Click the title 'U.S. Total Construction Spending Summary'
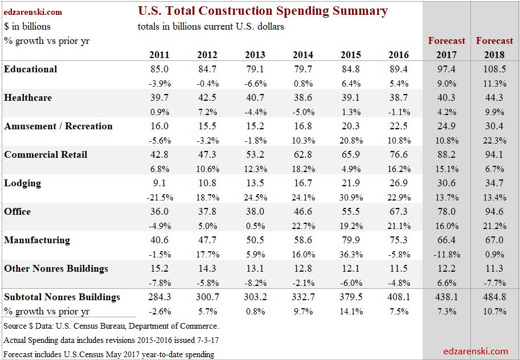pos(263,11)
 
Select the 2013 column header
pos(255,55)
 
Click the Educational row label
pos(31,69)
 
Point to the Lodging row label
pos(23,183)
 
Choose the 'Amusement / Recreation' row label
pos(58,126)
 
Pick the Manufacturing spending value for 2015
pos(351,240)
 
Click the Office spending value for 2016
pos(399,212)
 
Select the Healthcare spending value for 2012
pos(207,98)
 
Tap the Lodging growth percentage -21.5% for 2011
pos(159,198)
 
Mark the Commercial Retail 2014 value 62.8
pos(303,155)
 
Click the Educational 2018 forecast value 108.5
pos(494,69)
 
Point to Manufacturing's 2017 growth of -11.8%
pos(446,255)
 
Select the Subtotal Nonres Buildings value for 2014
pos(303,297)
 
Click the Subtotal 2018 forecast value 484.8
pos(494,297)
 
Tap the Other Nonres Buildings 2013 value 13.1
pos(255,269)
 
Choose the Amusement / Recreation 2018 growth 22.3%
pos(494,141)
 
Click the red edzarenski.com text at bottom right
pos(475,351)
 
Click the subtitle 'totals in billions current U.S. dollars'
pos(211,27)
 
